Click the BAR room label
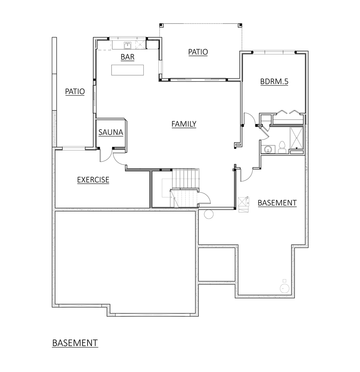click(x=127, y=57)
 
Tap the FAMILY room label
click(x=184, y=124)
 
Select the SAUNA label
click(x=110, y=133)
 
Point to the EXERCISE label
click(x=93, y=180)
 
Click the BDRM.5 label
click(x=274, y=82)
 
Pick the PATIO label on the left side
click(x=75, y=92)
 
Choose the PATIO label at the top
click(x=198, y=52)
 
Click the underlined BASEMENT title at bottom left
click(x=75, y=343)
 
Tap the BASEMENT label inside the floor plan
click(x=277, y=203)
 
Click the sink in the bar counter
click(x=128, y=45)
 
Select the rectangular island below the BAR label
click(x=127, y=70)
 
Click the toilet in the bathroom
click(x=282, y=147)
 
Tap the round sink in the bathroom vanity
click(x=267, y=149)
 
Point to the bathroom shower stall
click(x=296, y=138)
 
